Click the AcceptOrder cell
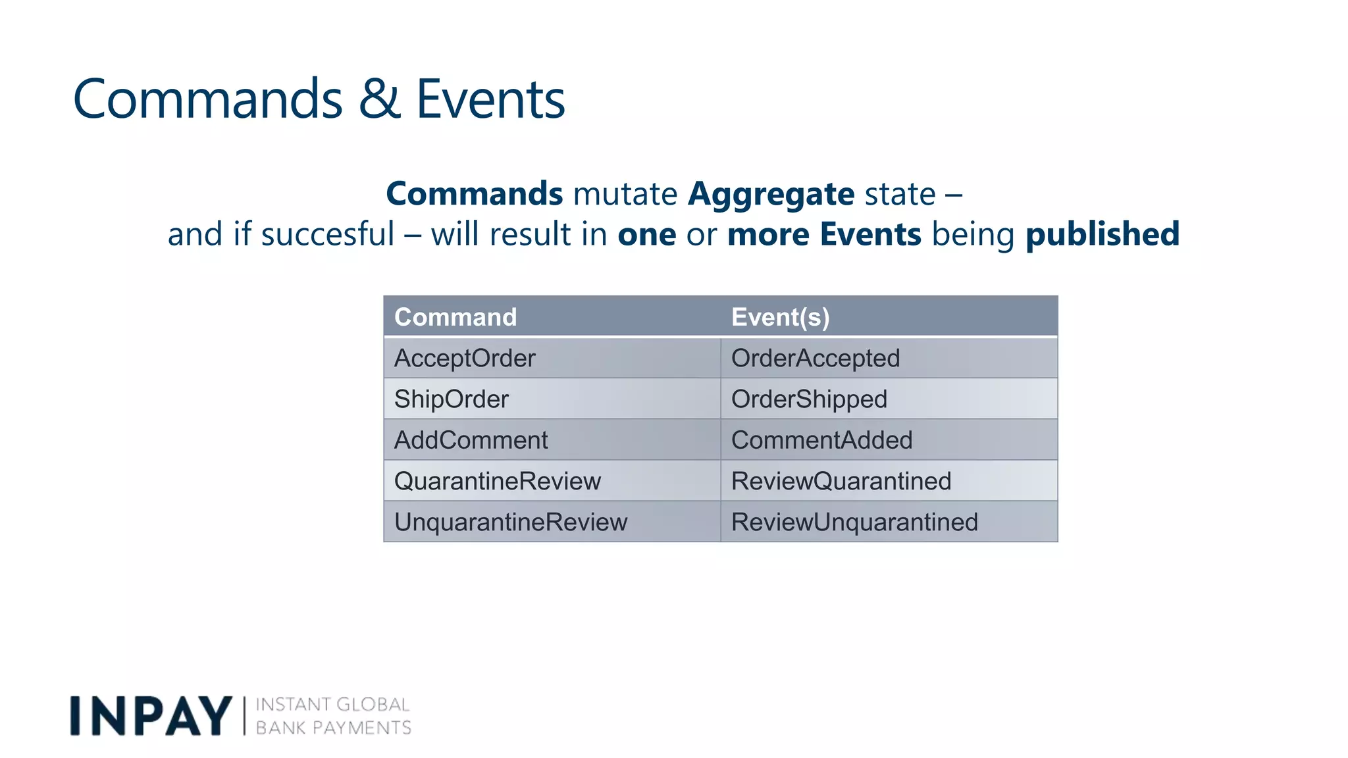click(465, 359)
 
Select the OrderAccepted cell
click(815, 359)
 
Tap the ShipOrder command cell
click(452, 399)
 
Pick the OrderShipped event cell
click(809, 399)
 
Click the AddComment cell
click(471, 440)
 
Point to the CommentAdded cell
click(821, 440)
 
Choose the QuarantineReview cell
click(498, 481)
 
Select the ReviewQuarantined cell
click(841, 481)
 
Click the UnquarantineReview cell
click(511, 522)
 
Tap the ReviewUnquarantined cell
click(854, 522)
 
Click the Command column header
click(455, 317)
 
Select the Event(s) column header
click(780, 317)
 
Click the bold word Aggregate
click(771, 194)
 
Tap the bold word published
click(1102, 235)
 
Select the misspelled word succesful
click(327, 235)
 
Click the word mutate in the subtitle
click(625, 194)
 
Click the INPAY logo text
click(151, 716)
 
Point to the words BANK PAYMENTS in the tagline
click(333, 728)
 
